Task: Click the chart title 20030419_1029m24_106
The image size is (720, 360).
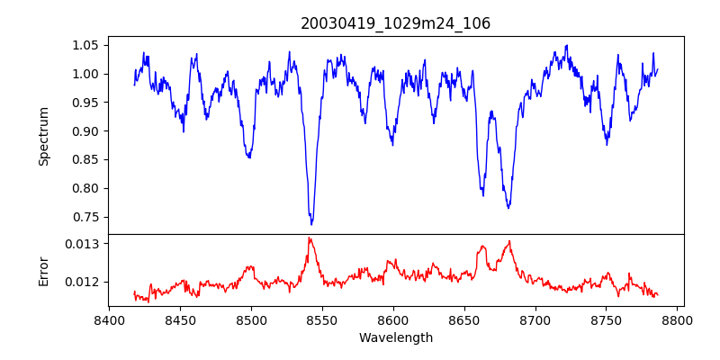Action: pos(395,23)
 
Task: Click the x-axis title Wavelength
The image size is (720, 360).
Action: pos(395,337)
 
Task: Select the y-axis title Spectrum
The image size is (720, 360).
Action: pos(43,136)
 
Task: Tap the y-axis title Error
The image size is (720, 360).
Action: pos(43,270)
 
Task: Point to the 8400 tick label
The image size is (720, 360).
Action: pos(109,319)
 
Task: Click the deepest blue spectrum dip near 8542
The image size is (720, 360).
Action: pos(311,224)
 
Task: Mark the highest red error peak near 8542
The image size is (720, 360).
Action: pos(309,238)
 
